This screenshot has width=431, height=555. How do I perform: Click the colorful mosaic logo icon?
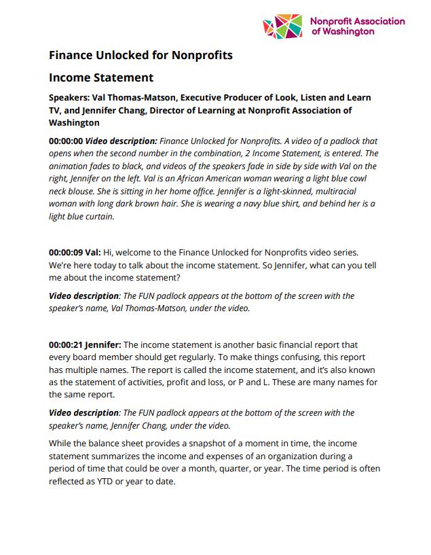click(283, 26)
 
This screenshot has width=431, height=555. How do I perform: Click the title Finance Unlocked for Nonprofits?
click(140, 55)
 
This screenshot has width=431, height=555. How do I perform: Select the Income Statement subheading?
click(101, 77)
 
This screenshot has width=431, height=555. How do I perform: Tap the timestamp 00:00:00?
click(66, 141)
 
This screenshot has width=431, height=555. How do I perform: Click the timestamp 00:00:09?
click(66, 252)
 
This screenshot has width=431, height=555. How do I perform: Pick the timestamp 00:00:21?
click(66, 344)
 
